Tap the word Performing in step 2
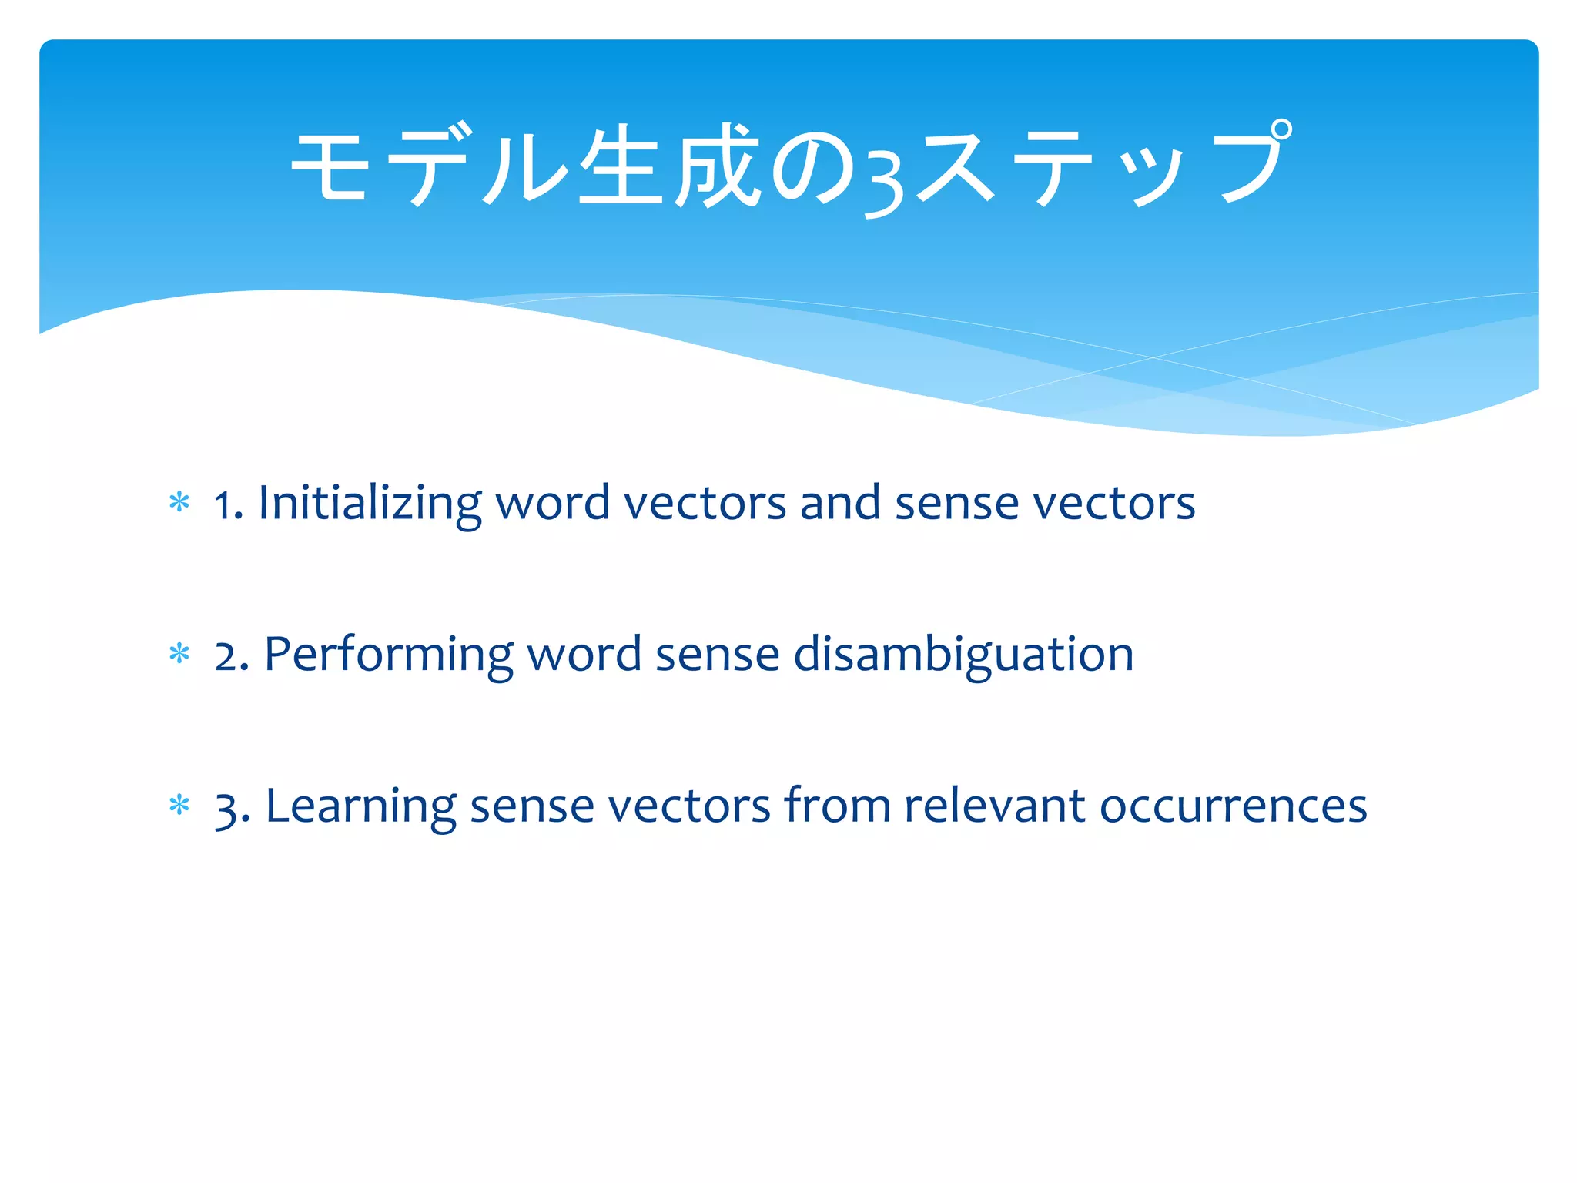(388, 655)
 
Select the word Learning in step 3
(360, 807)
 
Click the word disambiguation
(963, 655)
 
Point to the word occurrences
(1233, 807)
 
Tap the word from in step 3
(836, 807)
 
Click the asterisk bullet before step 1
(179, 503)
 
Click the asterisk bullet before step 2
(179, 654)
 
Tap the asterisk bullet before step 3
(179, 806)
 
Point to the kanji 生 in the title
(621, 166)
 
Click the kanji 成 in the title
(718, 166)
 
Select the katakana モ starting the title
(330, 166)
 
